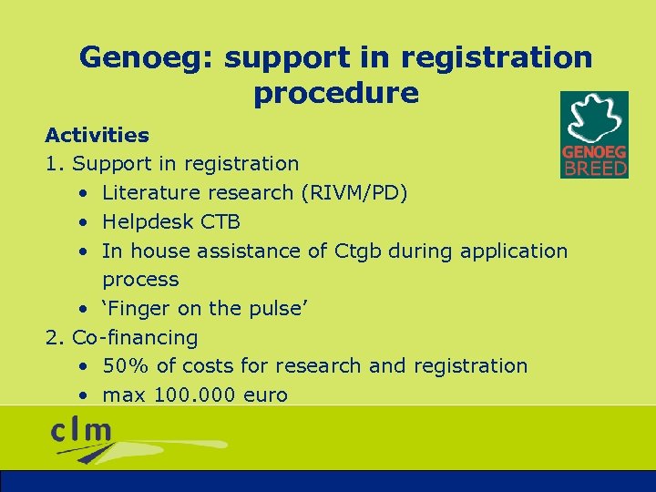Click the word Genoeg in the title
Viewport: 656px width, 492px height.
(x=146, y=58)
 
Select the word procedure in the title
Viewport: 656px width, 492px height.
(x=336, y=93)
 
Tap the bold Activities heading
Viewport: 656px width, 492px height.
(x=97, y=136)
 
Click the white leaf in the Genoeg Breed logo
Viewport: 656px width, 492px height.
(x=593, y=118)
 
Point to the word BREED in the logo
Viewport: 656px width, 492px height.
(x=595, y=168)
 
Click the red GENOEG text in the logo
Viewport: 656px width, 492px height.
(x=594, y=153)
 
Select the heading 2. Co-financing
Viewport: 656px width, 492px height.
(x=122, y=337)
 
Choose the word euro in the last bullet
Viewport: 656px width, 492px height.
(x=264, y=395)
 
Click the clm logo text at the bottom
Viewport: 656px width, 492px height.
(x=82, y=430)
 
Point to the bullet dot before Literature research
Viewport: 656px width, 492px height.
(x=83, y=194)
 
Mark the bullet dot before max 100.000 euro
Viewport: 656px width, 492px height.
(x=83, y=396)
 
